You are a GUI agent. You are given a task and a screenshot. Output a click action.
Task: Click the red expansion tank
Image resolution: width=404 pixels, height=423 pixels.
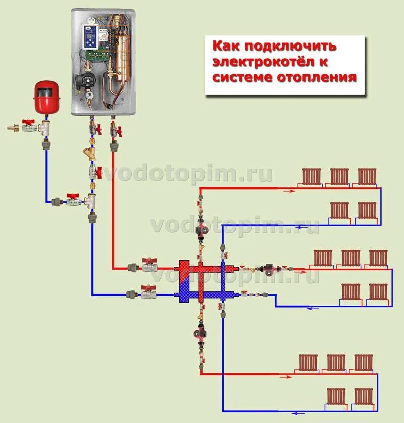pyautogui.click(x=46, y=97)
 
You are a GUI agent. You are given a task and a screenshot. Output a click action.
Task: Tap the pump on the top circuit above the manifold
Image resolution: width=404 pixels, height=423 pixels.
pyautogui.click(x=200, y=229)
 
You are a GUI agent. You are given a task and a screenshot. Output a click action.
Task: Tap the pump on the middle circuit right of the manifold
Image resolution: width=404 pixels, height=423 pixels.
pyautogui.click(x=266, y=269)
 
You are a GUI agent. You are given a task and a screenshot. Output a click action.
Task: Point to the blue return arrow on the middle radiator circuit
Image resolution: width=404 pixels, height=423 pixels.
pyautogui.click(x=314, y=308)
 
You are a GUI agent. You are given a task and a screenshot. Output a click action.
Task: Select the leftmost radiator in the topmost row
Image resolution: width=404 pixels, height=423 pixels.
pyautogui.click(x=312, y=177)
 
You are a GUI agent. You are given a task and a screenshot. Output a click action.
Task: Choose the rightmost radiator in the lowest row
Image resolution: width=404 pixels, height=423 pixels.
pyautogui.click(x=363, y=396)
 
